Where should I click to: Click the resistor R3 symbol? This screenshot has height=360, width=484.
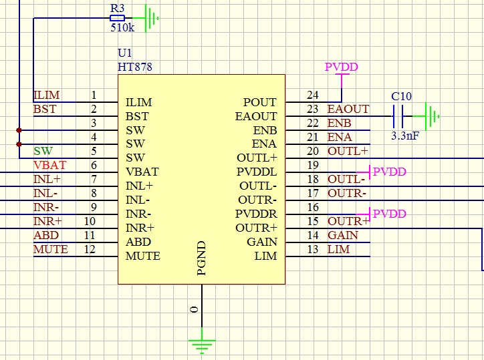pyautogui.click(x=118, y=19)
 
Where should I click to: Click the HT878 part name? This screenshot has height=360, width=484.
pyautogui.click(x=135, y=67)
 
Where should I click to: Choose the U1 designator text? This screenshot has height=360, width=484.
pyautogui.click(x=124, y=53)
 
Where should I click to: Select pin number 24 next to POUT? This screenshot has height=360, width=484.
pyautogui.click(x=312, y=95)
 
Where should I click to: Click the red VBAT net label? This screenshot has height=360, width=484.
pyautogui.click(x=50, y=165)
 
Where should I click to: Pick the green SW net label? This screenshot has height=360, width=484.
pyautogui.click(x=43, y=151)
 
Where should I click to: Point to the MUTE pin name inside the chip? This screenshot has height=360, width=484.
pyautogui.click(x=143, y=256)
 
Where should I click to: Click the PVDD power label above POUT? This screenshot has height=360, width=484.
pyautogui.click(x=341, y=67)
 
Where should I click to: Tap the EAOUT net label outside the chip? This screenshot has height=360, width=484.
pyautogui.click(x=348, y=109)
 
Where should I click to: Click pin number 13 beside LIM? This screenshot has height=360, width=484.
pyautogui.click(x=312, y=249)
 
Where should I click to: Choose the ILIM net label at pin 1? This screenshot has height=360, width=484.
pyautogui.click(x=46, y=96)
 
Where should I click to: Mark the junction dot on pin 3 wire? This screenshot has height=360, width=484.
pyautogui.click(x=19, y=130)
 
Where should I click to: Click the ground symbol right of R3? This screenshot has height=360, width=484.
pyautogui.click(x=152, y=18)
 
